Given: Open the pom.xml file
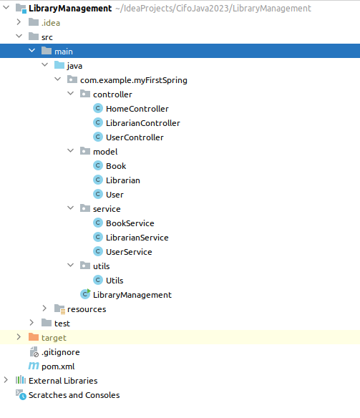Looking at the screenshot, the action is (x=58, y=366).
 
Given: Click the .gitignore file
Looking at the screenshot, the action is (x=61, y=352).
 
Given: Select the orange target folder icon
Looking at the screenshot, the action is (x=34, y=337).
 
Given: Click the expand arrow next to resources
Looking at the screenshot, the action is (x=44, y=308).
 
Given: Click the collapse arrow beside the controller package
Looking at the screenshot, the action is (x=71, y=93).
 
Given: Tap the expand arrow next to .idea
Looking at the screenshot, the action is (x=19, y=22).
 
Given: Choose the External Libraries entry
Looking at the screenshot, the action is (x=63, y=381).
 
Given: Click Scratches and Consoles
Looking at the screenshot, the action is (x=74, y=395).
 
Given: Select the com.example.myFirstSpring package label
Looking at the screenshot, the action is (x=134, y=80).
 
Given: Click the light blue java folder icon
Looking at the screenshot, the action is (x=59, y=65).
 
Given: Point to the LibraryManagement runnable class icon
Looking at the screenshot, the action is (x=85, y=294).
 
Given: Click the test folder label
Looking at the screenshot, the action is (x=62, y=324).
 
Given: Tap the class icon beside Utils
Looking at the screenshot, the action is (x=98, y=280).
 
